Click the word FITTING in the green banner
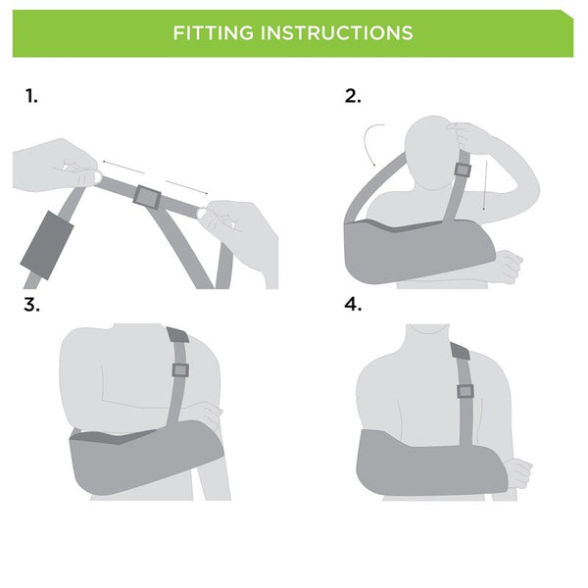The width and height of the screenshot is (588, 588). (213, 33)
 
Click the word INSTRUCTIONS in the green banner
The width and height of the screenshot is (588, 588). (337, 33)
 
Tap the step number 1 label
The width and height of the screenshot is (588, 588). (31, 96)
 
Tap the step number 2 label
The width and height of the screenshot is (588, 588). (353, 96)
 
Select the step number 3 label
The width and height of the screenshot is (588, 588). (31, 305)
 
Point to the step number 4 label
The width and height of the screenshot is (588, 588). (353, 304)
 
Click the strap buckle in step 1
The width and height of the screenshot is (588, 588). (147, 197)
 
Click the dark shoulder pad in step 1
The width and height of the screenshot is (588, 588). (47, 245)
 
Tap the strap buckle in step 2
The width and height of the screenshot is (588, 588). (463, 171)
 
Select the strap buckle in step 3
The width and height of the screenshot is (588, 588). (180, 370)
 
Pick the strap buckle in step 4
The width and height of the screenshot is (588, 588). (465, 391)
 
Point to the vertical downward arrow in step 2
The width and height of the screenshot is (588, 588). (486, 185)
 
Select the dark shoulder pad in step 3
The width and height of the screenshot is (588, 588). (177, 334)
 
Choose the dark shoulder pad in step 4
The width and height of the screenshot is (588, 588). (461, 351)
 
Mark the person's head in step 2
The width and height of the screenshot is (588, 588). (434, 152)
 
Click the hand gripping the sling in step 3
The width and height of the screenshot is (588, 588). (206, 416)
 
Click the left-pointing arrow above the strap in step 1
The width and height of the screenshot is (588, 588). (123, 167)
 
